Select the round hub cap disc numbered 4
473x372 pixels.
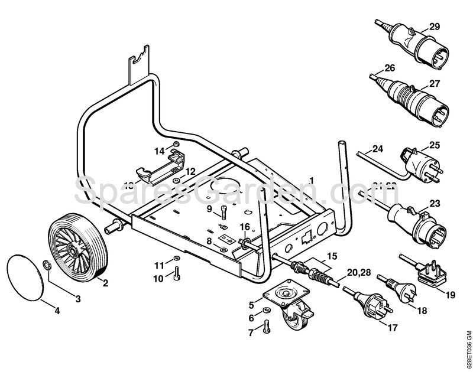(27, 275)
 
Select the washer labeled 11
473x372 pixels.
(177, 261)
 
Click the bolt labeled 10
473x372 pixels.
(177, 273)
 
